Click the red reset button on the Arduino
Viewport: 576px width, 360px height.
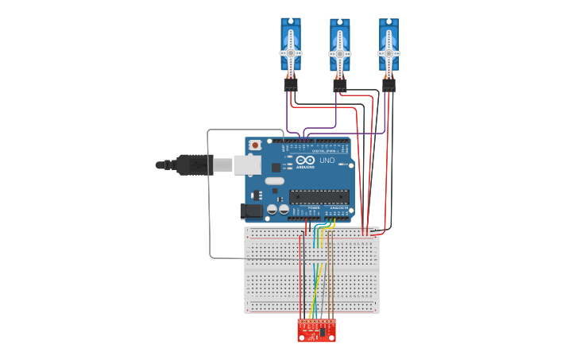click(255, 145)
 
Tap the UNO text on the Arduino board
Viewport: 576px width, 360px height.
click(327, 161)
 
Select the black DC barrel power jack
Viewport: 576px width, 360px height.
click(251, 211)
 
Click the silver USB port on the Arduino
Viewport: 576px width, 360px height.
click(248, 165)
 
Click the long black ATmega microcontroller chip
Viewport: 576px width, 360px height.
click(319, 196)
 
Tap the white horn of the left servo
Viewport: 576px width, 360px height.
click(291, 53)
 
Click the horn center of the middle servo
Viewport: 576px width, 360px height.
click(340, 53)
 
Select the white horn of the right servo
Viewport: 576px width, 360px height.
click(389, 53)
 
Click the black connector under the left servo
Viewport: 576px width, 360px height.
click(291, 83)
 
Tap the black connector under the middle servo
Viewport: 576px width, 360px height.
click(340, 83)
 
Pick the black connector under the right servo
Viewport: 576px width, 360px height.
click(389, 83)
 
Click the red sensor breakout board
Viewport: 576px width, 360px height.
click(316, 331)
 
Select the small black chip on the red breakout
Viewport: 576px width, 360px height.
click(322, 332)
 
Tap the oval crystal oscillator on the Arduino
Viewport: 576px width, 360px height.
click(275, 181)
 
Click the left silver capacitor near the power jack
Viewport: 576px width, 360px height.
click(272, 210)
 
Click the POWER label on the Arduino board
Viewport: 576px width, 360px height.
click(303, 207)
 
